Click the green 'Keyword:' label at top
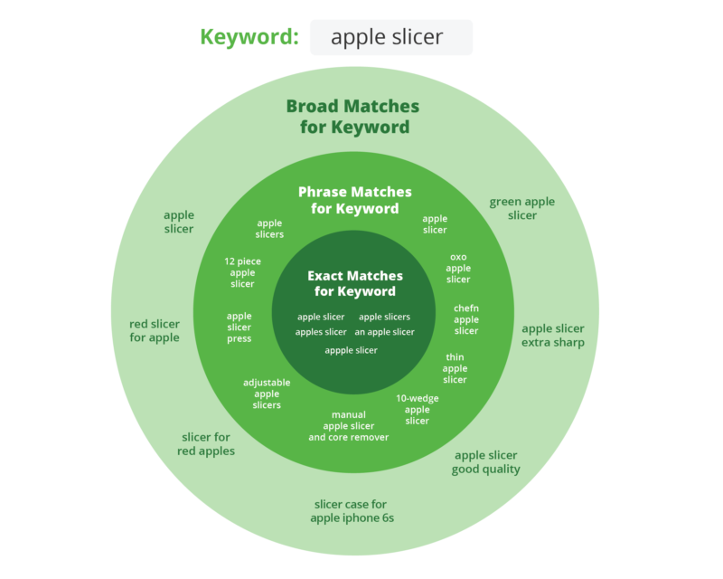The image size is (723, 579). (x=249, y=37)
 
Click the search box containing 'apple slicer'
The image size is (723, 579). (x=390, y=37)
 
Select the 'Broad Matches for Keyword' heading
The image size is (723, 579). (x=353, y=117)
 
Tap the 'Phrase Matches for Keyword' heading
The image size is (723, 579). (x=354, y=200)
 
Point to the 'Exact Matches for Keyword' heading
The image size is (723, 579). (x=355, y=283)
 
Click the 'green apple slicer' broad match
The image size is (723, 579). (x=522, y=208)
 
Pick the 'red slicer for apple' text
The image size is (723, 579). (x=155, y=330)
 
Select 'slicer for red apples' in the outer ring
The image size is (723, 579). (x=206, y=443)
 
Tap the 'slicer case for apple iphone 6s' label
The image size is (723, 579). (x=352, y=511)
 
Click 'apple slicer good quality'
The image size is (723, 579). (x=486, y=462)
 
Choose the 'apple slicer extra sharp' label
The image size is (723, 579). (x=553, y=335)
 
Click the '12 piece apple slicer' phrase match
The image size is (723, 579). (x=242, y=272)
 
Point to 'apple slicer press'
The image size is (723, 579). (x=239, y=327)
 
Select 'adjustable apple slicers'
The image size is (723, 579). (x=267, y=394)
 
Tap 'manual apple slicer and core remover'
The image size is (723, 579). (x=349, y=426)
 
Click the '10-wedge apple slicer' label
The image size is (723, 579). (x=418, y=409)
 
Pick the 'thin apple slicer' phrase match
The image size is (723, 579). (x=455, y=368)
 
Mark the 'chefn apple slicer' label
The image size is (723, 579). (x=466, y=319)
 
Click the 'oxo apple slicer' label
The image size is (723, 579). (x=458, y=268)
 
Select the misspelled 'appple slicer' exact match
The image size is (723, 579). (x=352, y=350)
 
